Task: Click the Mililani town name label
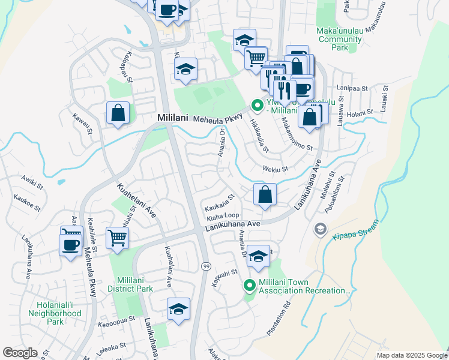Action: [173, 119]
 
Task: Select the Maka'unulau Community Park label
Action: [340, 39]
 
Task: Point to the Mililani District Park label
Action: [140, 284]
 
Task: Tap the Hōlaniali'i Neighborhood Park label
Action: [55, 313]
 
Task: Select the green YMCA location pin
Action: [258, 106]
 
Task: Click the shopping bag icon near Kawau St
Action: [118, 113]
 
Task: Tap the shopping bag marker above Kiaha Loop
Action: [265, 194]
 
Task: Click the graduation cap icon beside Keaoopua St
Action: [178, 309]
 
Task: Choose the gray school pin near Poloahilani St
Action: [321, 229]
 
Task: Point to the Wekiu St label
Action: [276, 169]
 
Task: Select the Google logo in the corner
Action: [20, 353]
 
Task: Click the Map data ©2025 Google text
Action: [411, 355]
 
